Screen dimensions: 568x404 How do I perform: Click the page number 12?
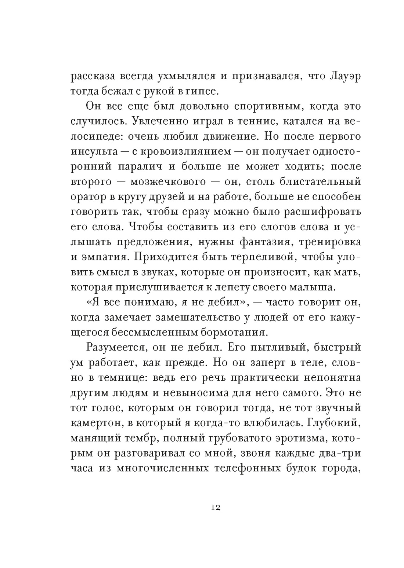click(x=216, y=507)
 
